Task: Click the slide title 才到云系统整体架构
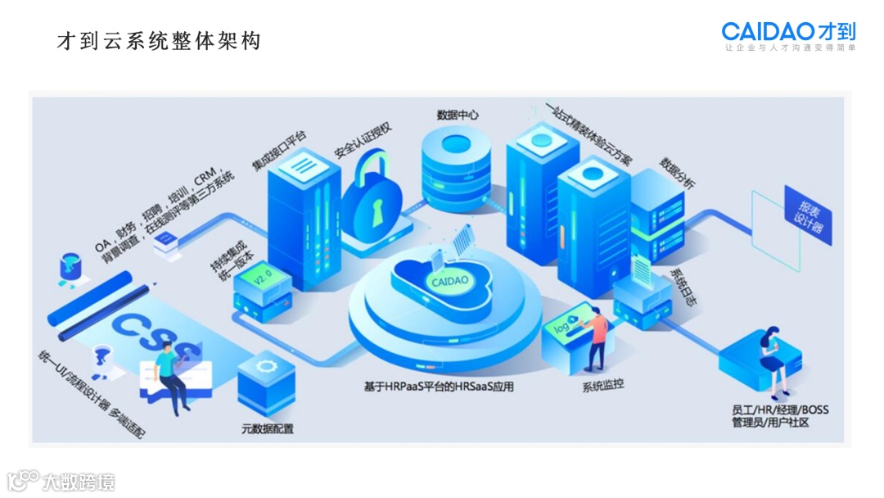159,41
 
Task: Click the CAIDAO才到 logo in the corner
788,33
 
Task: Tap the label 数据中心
458,115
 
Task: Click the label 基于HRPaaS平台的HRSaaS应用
440,386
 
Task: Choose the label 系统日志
681,286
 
